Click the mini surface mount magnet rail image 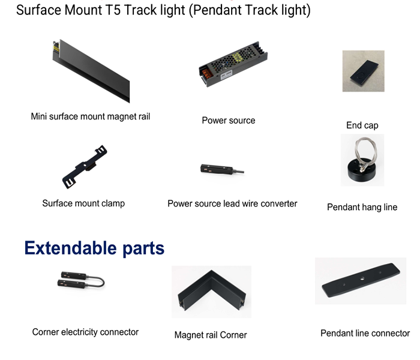coord(91,70)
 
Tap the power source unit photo coord(233,64)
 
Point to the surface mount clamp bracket coord(85,167)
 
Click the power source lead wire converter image coord(222,169)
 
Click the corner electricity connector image coord(81,280)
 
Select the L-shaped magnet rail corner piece coord(212,291)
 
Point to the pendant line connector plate coord(361,280)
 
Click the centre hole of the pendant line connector coord(362,279)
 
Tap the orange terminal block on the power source coord(206,73)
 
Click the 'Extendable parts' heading coord(94,248)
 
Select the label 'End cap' coord(362,125)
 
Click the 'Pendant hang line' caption coord(362,207)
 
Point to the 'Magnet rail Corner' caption coord(211,335)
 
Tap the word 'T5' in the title coord(113,10)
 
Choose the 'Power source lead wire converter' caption coord(232,203)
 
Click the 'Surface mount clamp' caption coord(83,203)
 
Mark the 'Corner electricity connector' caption coord(85,332)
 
